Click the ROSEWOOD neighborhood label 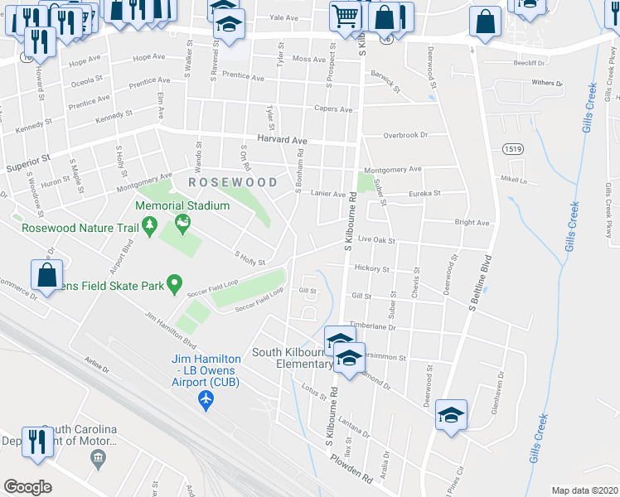(233, 181)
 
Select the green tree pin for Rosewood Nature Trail (150, 224)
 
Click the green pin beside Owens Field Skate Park (174, 285)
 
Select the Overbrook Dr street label (404, 135)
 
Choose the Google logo (27, 486)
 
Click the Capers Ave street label (333, 109)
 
